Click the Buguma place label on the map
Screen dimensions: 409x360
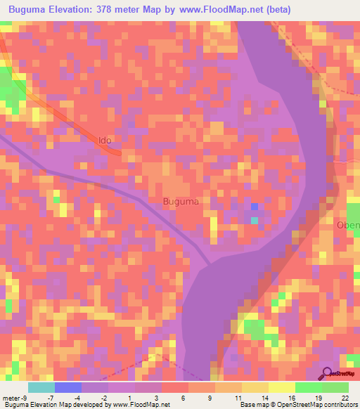coord(181,202)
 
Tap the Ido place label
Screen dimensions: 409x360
coord(105,141)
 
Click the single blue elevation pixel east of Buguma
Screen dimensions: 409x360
coord(255,207)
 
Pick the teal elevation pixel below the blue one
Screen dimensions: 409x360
coord(255,221)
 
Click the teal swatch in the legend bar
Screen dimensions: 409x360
coord(41,387)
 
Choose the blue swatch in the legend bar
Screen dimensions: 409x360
coord(68,387)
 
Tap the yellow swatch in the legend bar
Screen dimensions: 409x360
coord(282,387)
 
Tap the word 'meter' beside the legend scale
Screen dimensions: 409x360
coord(12,397)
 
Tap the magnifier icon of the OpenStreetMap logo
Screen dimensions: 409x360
coord(327,372)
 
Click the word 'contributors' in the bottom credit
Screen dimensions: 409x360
coord(340,405)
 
